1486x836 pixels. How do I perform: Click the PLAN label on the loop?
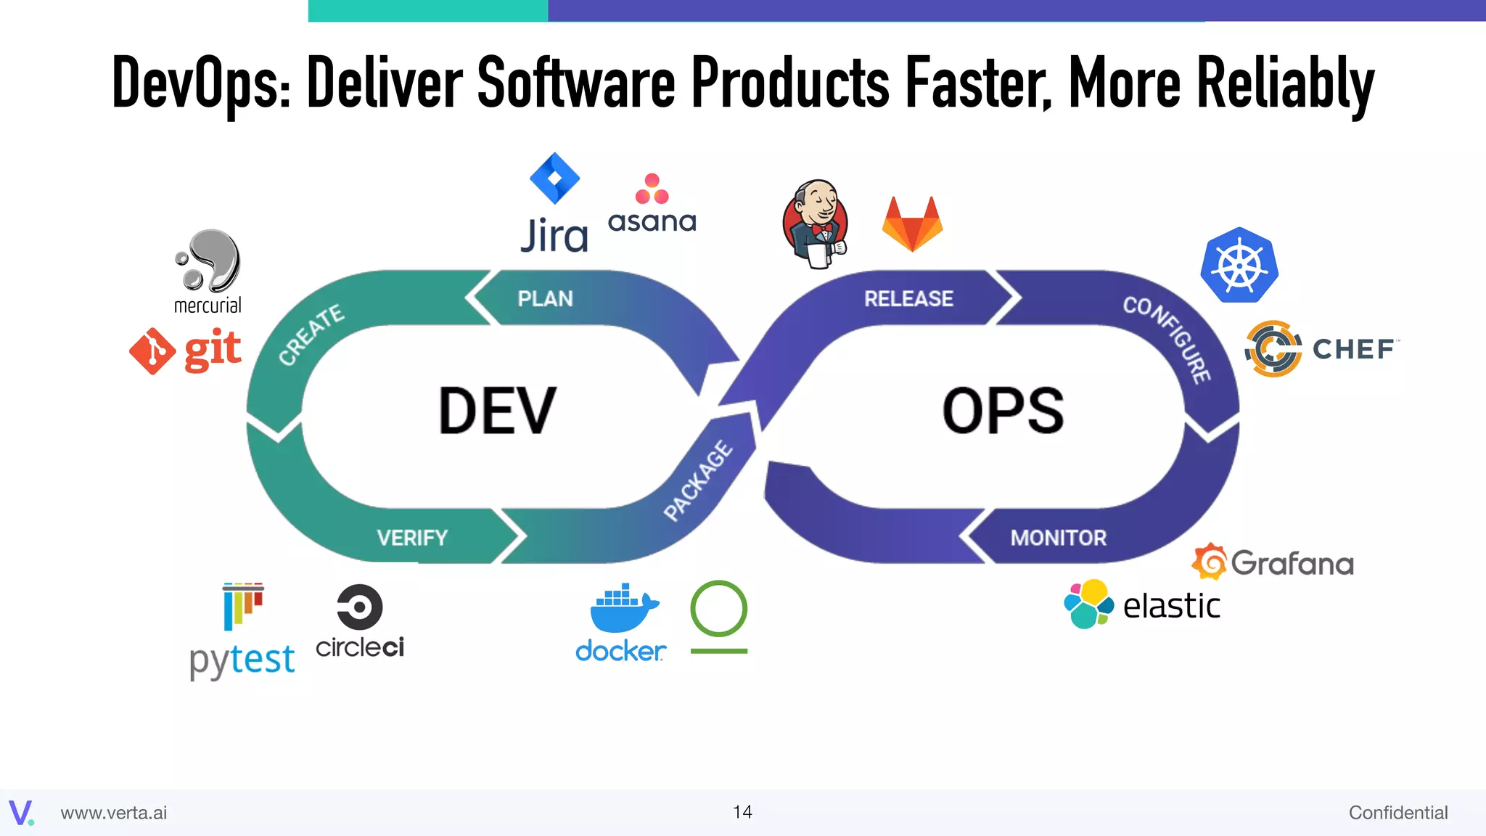pyautogui.click(x=545, y=298)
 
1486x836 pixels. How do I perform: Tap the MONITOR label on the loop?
pyautogui.click(x=1058, y=538)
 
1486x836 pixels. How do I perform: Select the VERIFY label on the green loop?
pyautogui.click(x=412, y=538)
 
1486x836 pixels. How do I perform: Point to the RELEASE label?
pyautogui.click(x=908, y=298)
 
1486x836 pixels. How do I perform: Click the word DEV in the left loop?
pyautogui.click(x=498, y=411)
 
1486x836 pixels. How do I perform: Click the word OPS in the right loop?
pyautogui.click(x=1003, y=411)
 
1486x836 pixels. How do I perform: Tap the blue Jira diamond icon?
pyautogui.click(x=555, y=178)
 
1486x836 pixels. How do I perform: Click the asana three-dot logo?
pyautogui.click(x=652, y=189)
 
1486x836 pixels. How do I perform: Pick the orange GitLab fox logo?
pyautogui.click(x=912, y=225)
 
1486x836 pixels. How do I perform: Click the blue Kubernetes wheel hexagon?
pyautogui.click(x=1239, y=266)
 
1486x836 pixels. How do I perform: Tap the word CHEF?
pyautogui.click(x=1353, y=349)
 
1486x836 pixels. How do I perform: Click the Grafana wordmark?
pyautogui.click(x=1292, y=564)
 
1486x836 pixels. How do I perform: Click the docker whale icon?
pyautogui.click(x=623, y=607)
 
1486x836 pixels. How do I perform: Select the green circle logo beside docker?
pyautogui.click(x=718, y=608)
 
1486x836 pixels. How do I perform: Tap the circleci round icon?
pyautogui.click(x=359, y=607)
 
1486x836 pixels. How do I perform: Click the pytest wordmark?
pyautogui.click(x=242, y=660)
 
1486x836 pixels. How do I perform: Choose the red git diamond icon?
pyautogui.click(x=152, y=351)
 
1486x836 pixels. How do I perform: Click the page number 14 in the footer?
pyautogui.click(x=742, y=812)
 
